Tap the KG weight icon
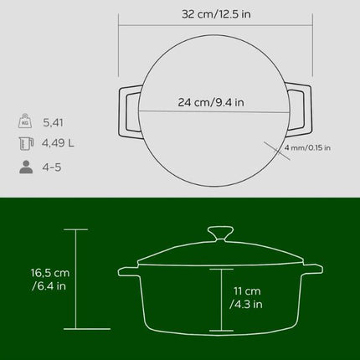tap(28, 120)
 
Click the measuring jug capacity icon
tap(28, 143)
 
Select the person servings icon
tap(28, 167)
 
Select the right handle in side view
tap(311, 268)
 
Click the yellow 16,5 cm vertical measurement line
tap(77, 280)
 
